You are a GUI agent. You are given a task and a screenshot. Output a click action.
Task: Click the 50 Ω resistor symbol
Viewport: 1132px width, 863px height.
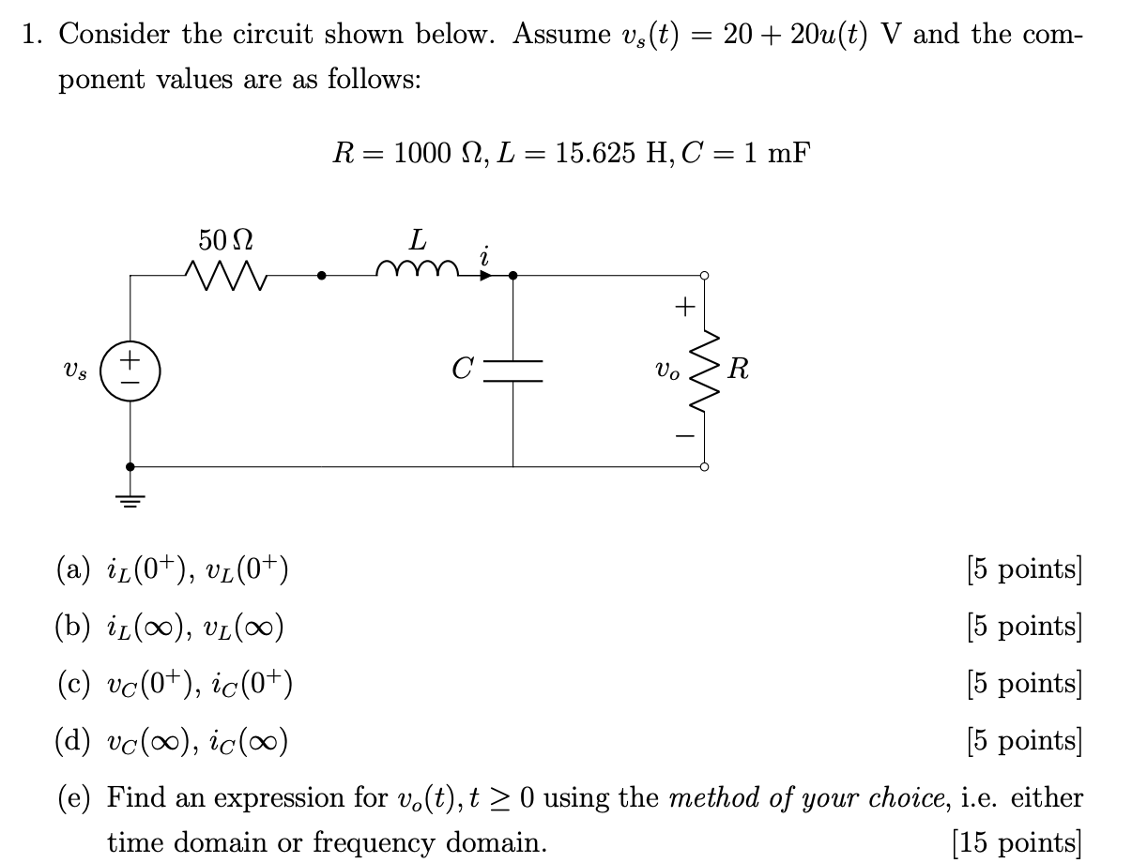point(225,275)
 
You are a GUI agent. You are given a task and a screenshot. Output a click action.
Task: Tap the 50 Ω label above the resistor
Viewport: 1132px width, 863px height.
point(225,241)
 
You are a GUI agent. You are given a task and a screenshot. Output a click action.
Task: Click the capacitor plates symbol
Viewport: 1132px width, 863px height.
point(512,371)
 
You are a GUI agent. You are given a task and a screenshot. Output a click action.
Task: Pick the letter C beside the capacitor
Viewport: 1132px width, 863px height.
point(462,369)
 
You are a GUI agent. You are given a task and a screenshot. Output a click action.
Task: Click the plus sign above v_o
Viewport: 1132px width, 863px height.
point(685,306)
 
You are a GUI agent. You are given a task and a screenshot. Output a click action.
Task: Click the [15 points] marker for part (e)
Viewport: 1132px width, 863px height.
point(1017,841)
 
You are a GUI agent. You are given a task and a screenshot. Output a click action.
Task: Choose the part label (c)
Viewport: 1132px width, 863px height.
point(74,683)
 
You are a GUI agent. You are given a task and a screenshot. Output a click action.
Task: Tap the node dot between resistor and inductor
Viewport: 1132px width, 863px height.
point(322,276)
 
